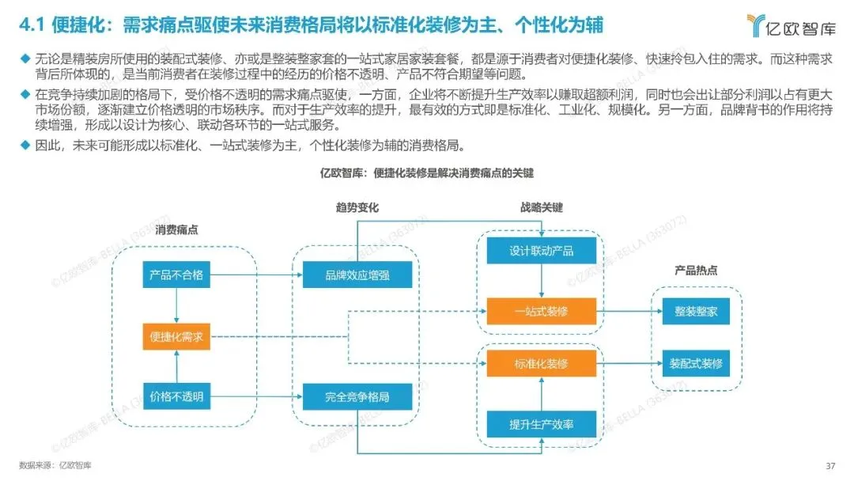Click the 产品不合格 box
click(x=176, y=275)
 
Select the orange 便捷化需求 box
click(x=176, y=336)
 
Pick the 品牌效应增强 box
click(x=357, y=275)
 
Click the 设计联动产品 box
click(x=541, y=252)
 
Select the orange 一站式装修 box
click(x=541, y=311)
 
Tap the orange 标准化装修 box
click(x=541, y=363)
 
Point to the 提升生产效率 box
click(x=541, y=424)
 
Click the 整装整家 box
click(x=696, y=311)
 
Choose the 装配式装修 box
click(x=696, y=363)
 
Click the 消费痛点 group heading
click(x=176, y=230)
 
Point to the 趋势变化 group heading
click(x=357, y=207)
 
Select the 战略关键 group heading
click(x=541, y=207)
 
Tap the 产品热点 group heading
click(x=696, y=271)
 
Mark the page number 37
click(x=830, y=464)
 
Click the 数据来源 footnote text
click(x=55, y=464)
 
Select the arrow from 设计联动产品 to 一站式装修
click(x=541, y=281)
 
